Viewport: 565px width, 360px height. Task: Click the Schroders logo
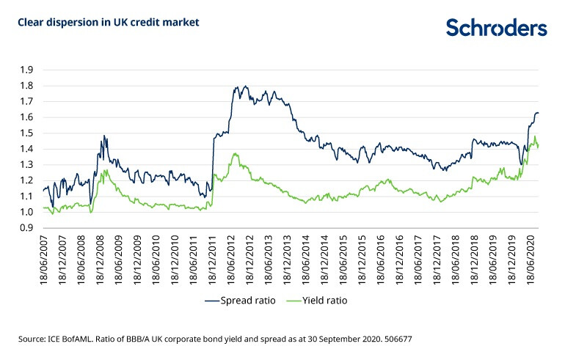(x=497, y=28)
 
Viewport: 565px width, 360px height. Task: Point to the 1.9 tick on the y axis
(x=26, y=70)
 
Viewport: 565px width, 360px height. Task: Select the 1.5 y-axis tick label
(x=26, y=133)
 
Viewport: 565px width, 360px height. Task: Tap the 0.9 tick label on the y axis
(x=26, y=228)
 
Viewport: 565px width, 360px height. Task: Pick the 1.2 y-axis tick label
(x=26, y=180)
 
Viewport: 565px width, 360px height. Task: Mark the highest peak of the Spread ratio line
(x=245, y=87)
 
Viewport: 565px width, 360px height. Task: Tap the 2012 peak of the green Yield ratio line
(x=236, y=154)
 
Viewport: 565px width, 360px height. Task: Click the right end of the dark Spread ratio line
(x=539, y=113)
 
